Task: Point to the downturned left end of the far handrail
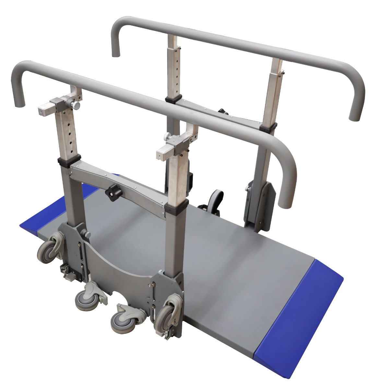pos(115,42)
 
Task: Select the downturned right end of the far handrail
pos(357,104)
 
